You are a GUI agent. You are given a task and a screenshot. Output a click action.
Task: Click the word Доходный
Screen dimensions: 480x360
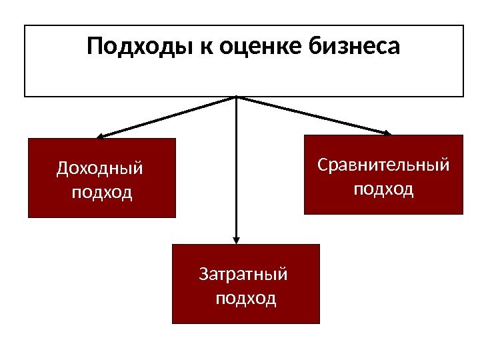point(99,168)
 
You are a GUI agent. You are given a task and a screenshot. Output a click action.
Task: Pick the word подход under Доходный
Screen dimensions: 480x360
point(101,193)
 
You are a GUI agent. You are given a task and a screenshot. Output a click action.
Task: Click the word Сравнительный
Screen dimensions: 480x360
point(383,164)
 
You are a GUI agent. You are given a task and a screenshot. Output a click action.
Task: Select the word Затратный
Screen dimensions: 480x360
point(243,274)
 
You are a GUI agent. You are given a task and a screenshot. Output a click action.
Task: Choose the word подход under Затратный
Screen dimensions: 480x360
point(246,298)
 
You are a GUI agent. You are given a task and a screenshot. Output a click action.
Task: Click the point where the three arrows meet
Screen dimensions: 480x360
point(236,97)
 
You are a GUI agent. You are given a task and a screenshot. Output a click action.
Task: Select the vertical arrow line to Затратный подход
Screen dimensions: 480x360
point(236,173)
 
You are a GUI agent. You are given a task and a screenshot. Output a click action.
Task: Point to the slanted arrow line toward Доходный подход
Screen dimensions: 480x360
point(167,117)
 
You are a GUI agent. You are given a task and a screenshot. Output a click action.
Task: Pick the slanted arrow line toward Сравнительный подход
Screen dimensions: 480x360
point(313,115)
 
